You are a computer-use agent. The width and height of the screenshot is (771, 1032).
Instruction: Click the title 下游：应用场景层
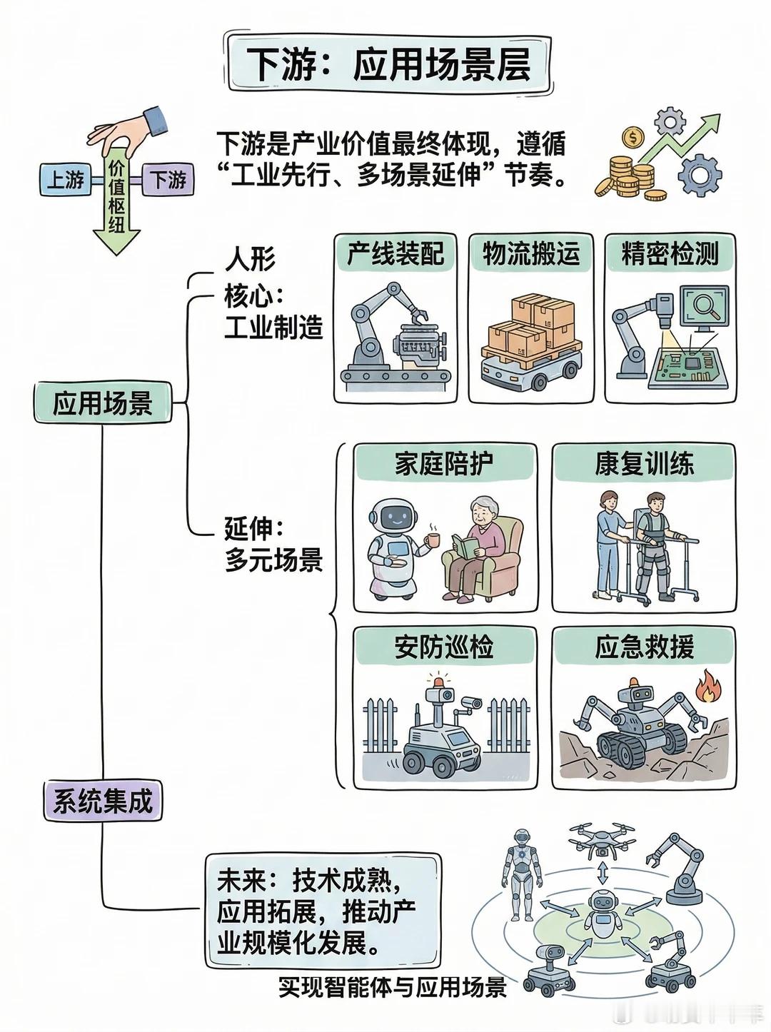click(390, 64)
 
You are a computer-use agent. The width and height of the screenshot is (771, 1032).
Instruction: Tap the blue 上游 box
click(66, 180)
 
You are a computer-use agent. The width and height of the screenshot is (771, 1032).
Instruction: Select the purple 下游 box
click(167, 180)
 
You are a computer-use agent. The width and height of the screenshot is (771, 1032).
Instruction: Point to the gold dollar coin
click(631, 138)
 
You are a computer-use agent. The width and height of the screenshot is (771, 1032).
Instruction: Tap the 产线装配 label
click(395, 254)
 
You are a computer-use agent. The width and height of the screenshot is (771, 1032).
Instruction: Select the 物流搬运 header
click(530, 254)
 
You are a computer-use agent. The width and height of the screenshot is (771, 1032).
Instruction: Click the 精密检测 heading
click(670, 254)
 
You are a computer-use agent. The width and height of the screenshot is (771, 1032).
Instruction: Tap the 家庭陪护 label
click(445, 464)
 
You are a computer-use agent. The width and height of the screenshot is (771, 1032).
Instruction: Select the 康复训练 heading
click(644, 464)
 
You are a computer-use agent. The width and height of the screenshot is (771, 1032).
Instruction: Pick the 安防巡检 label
click(445, 647)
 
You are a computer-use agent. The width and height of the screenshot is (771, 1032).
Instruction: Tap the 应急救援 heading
click(644, 647)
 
